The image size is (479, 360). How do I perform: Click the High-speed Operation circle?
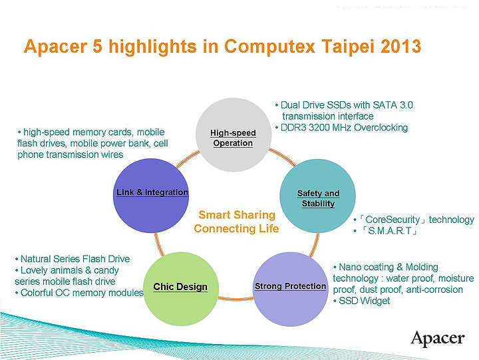[x=233, y=134]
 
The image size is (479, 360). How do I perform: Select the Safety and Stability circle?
[x=317, y=198]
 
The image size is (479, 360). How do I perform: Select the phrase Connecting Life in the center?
[x=236, y=228]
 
